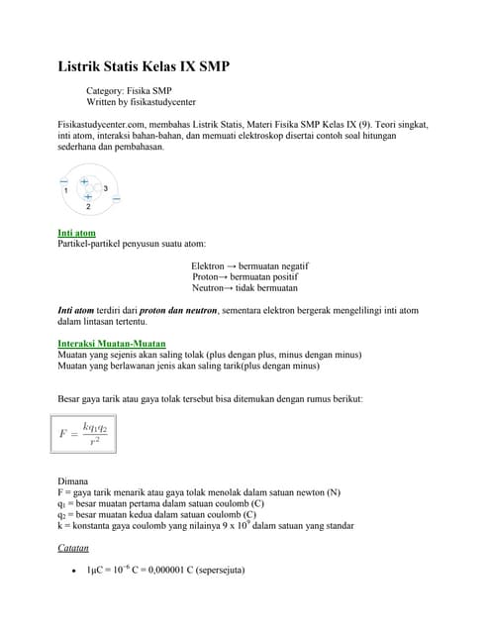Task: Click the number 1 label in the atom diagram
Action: [66, 189]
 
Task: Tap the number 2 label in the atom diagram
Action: [88, 207]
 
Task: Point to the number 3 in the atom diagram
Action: [106, 188]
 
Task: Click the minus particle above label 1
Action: [64, 180]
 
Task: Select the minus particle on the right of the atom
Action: [117, 199]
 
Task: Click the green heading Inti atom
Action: [77, 233]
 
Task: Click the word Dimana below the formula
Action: [74, 481]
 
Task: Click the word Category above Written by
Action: [106, 89]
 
